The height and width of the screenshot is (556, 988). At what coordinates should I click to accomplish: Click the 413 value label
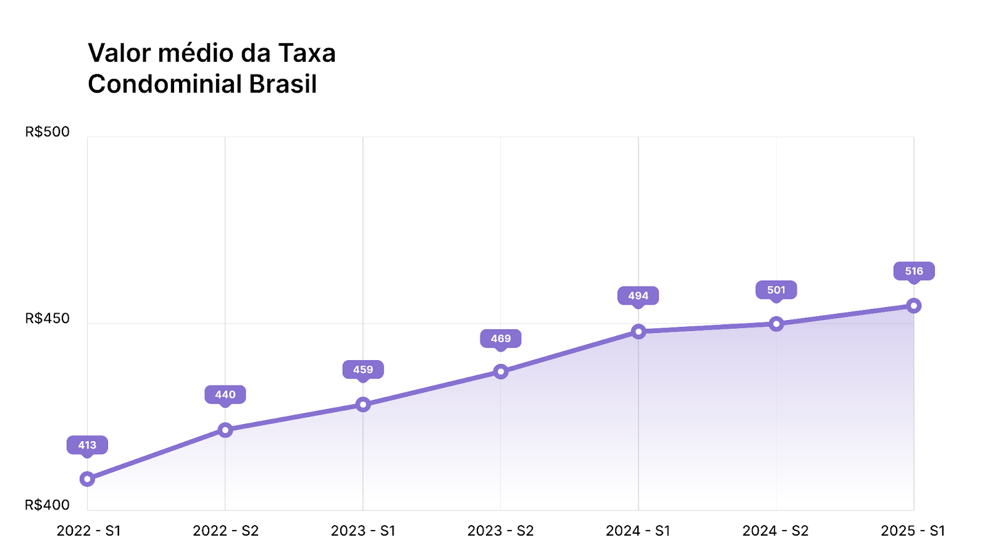tap(87, 445)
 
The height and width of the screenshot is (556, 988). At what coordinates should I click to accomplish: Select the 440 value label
tap(225, 395)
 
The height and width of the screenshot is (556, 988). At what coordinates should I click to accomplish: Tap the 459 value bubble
tap(363, 370)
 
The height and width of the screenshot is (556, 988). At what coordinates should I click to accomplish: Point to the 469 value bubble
tap(501, 339)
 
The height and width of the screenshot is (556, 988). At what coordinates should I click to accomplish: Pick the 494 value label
tap(638, 296)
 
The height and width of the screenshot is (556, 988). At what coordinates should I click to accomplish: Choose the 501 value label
tap(776, 290)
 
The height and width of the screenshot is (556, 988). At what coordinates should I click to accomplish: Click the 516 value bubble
tap(914, 271)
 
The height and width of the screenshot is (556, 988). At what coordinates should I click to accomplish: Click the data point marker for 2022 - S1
tap(87, 479)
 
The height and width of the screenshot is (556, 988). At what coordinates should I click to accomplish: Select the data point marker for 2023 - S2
tap(501, 371)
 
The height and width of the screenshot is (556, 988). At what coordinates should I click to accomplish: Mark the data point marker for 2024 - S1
tap(638, 332)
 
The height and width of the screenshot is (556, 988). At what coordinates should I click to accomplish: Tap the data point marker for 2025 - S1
tap(914, 306)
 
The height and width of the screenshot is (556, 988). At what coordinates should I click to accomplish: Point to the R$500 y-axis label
tap(48, 132)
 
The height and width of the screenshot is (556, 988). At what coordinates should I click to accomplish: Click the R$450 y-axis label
tap(48, 318)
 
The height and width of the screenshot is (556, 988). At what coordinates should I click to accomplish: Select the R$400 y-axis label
tap(48, 505)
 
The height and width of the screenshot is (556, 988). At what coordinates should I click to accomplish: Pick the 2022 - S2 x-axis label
tap(225, 531)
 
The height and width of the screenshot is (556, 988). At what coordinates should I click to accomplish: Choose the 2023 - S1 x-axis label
tap(363, 531)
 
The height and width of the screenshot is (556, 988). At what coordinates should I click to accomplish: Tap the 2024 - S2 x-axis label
tap(776, 531)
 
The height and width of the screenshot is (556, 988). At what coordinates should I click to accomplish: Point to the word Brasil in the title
tap(283, 84)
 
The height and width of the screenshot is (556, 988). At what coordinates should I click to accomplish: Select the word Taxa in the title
tap(307, 53)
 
